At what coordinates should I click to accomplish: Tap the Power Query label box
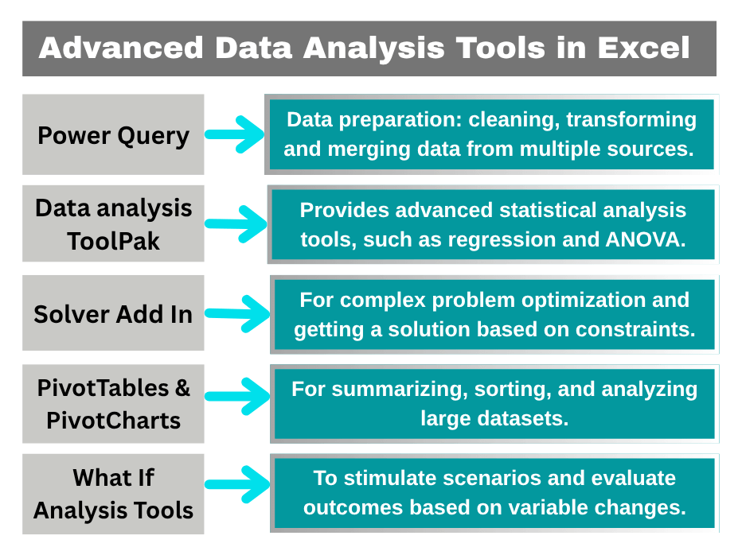(113, 135)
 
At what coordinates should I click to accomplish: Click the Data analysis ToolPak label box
(113, 223)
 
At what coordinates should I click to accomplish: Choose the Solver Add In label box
(113, 314)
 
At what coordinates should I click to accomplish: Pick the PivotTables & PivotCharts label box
(113, 404)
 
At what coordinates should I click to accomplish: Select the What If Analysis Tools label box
(113, 494)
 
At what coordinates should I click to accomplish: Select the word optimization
(590, 301)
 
